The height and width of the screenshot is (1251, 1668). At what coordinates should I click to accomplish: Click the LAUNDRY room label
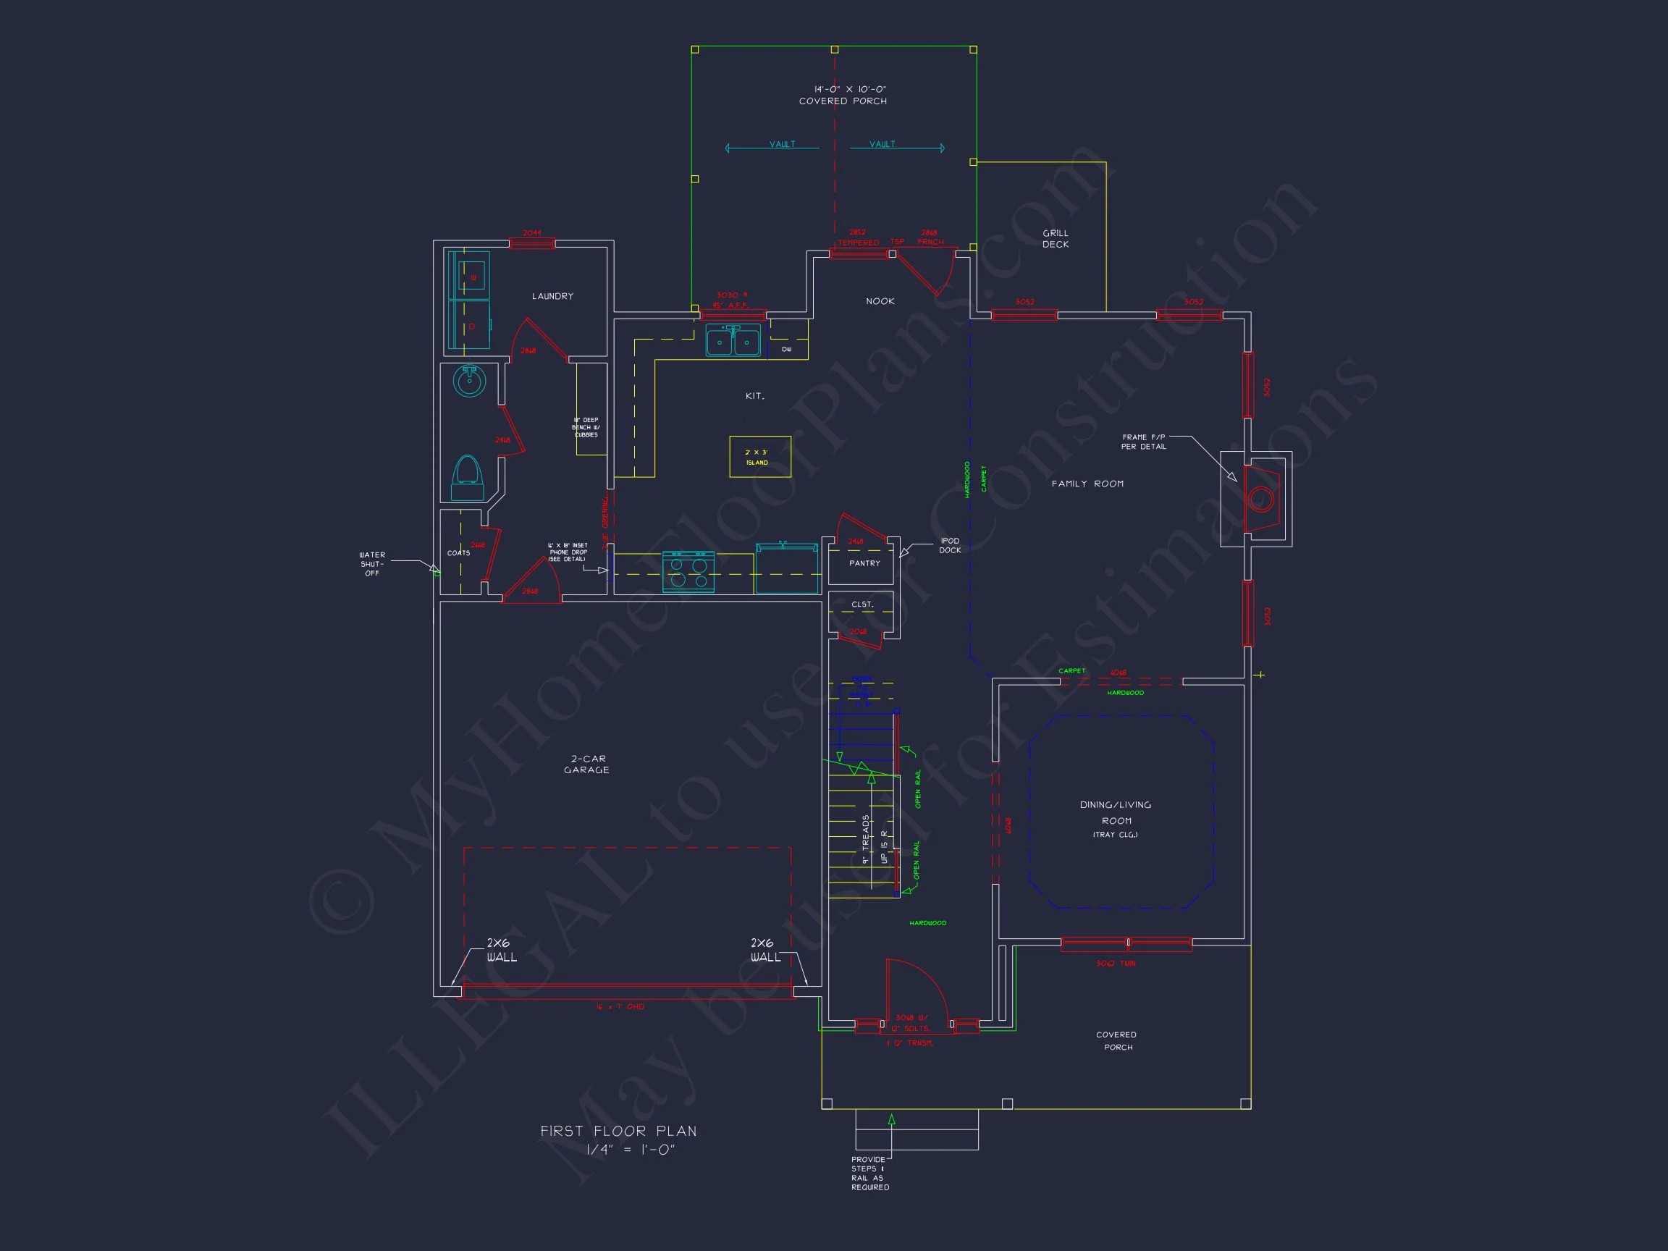pos(552,296)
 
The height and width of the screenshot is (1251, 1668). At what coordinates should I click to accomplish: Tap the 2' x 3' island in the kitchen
pos(759,457)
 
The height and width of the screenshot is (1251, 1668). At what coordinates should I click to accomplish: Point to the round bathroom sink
pos(469,381)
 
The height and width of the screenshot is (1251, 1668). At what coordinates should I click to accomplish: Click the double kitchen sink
pos(732,342)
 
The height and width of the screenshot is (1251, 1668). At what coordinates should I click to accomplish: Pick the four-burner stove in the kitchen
pos(688,573)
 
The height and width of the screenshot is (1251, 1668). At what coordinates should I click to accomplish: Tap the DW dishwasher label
pos(786,349)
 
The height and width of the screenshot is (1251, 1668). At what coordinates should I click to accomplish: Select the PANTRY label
pos(864,563)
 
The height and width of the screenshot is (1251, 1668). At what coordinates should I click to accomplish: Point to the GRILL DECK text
pos(1055,239)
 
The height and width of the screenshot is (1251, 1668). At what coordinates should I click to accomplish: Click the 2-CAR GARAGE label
pos(586,764)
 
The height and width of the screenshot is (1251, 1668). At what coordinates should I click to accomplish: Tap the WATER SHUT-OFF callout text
pos(372,564)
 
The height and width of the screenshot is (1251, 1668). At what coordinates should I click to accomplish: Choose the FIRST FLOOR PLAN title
pos(618,1131)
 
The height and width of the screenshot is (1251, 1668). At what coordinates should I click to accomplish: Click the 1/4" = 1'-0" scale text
pos(631,1150)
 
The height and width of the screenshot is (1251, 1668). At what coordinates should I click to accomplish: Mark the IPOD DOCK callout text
pos(949,545)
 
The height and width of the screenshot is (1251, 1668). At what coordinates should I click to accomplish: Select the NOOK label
pos(880,302)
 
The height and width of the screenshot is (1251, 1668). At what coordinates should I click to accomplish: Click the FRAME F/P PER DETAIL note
pos(1143,442)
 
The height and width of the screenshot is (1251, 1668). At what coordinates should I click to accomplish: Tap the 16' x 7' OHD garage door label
pos(620,1007)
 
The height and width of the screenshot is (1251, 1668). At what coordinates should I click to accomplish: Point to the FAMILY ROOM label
pos(1087,484)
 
